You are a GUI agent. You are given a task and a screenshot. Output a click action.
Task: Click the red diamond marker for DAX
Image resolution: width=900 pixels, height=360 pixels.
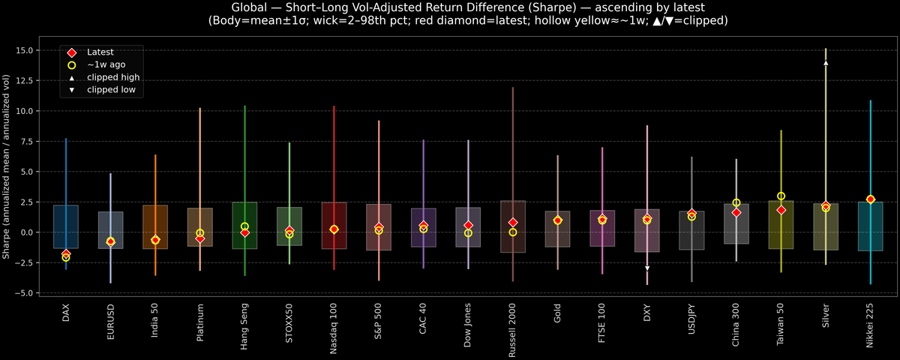click(66, 254)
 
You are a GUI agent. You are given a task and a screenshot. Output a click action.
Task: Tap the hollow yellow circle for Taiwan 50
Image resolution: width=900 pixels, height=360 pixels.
click(781, 196)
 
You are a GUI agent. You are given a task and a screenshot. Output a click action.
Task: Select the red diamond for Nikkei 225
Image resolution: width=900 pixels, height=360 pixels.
click(870, 199)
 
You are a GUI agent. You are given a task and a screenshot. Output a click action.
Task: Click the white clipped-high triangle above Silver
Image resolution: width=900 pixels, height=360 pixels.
click(826, 63)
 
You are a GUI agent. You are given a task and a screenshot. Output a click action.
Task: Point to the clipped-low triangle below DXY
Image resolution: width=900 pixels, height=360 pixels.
click(647, 268)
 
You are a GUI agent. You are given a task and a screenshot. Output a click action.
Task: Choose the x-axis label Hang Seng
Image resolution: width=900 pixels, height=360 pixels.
click(244, 327)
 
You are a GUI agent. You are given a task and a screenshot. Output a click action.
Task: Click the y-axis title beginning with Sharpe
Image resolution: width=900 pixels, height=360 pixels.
click(7, 166)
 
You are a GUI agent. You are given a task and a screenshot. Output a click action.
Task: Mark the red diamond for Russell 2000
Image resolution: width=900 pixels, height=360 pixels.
click(513, 223)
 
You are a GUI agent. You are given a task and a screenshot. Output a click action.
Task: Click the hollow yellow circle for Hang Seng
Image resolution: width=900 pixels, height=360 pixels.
click(244, 226)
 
